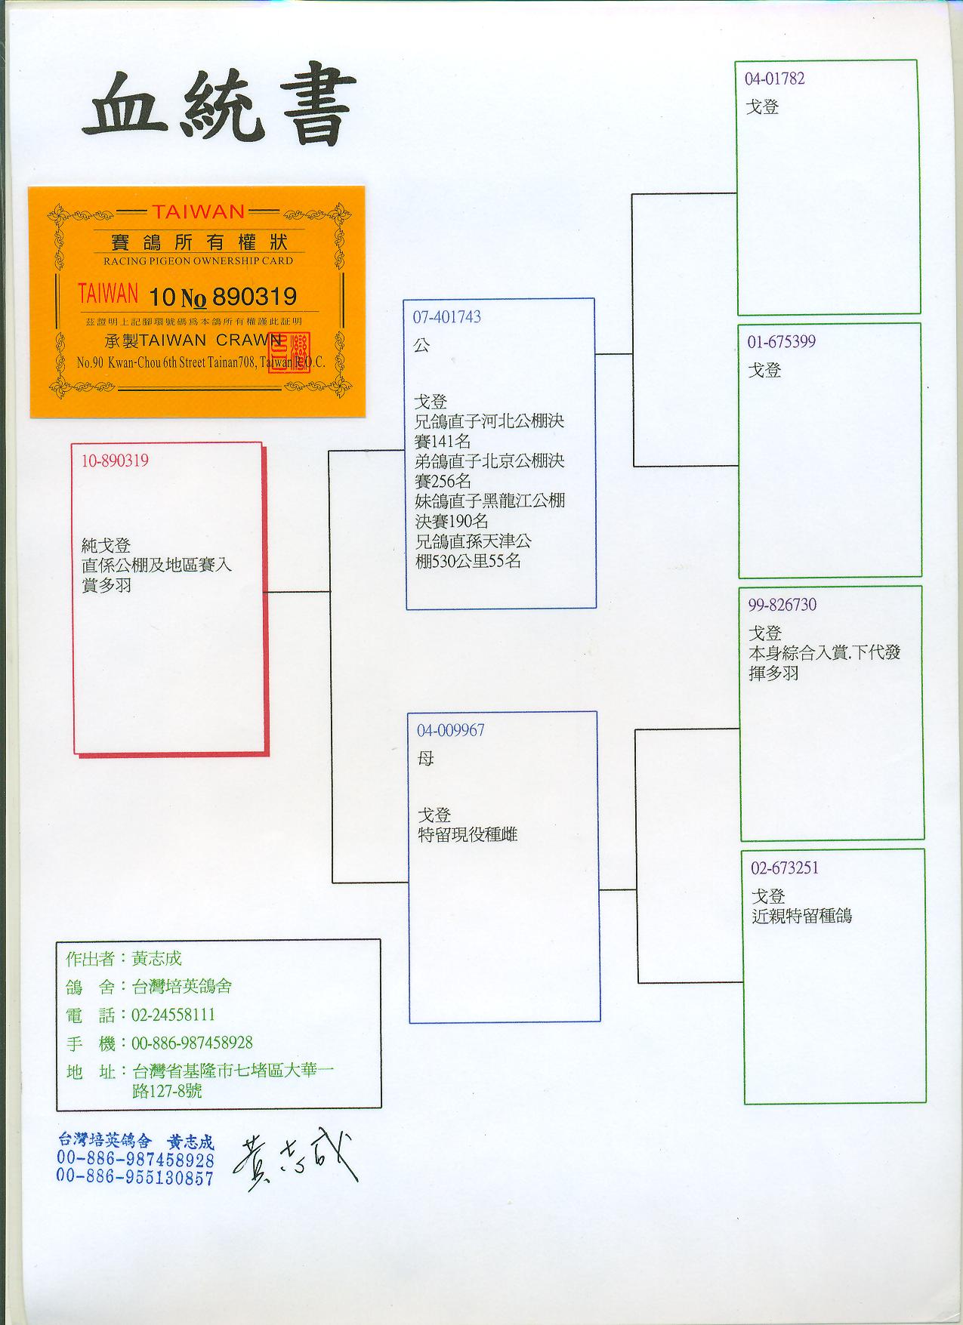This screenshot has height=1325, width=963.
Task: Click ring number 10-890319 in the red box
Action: tap(115, 461)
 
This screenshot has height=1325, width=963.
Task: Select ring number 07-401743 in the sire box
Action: tap(446, 317)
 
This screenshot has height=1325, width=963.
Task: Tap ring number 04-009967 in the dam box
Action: tap(451, 730)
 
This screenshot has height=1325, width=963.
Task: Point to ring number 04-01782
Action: tap(775, 79)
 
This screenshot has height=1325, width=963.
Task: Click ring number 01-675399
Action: tap(782, 342)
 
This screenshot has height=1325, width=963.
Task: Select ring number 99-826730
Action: tap(782, 605)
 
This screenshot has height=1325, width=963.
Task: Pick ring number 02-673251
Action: tap(785, 868)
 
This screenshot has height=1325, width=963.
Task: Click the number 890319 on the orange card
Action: tap(255, 295)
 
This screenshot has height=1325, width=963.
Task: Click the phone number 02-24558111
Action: tap(173, 1015)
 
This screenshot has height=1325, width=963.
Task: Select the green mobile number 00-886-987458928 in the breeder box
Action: tap(192, 1043)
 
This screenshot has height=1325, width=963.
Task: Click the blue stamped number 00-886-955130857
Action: tap(135, 1177)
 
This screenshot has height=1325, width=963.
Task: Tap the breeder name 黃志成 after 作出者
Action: tap(157, 959)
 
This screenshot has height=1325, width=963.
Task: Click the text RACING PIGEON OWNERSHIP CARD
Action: tap(197, 260)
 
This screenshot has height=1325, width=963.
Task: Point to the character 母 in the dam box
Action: tap(426, 758)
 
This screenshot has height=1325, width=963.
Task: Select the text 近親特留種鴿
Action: tap(801, 916)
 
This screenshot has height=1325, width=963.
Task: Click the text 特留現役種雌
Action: tap(468, 835)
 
